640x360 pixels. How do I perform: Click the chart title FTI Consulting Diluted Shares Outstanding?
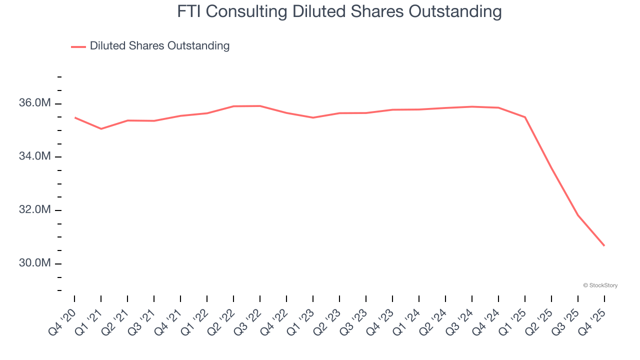point(339,11)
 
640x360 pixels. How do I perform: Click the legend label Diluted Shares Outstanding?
point(159,46)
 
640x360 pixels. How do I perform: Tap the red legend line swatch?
point(78,46)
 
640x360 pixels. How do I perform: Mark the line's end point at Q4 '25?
point(604,245)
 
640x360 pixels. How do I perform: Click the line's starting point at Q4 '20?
point(74,117)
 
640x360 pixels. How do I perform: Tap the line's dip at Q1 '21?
point(101,129)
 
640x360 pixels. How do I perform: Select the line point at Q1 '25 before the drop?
point(525,117)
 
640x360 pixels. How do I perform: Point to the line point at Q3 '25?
point(578,215)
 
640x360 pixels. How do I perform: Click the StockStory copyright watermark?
point(600,285)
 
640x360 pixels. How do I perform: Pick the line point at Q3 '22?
point(260,106)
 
